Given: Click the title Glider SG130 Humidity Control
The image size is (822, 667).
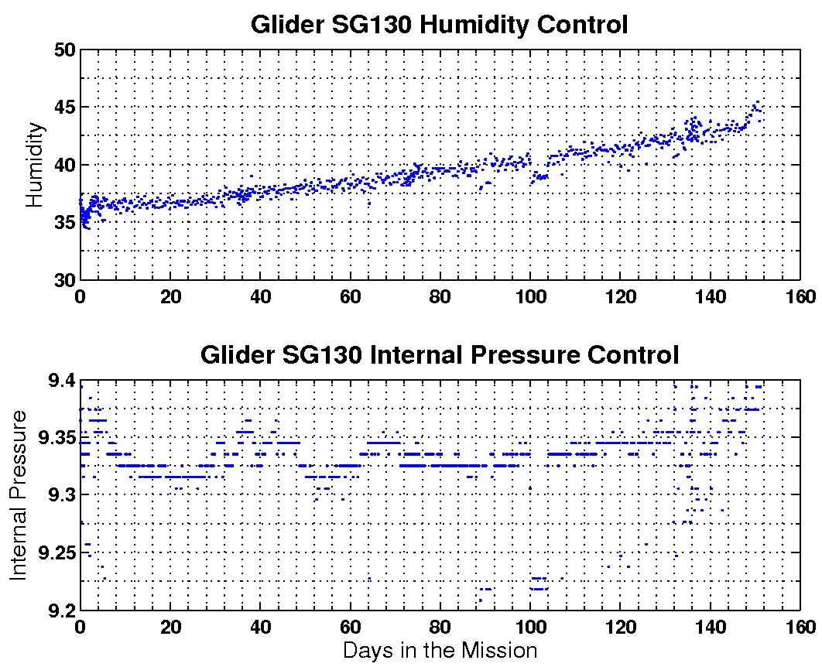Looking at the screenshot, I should (x=439, y=24).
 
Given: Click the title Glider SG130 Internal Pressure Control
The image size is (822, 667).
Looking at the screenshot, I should (x=439, y=355).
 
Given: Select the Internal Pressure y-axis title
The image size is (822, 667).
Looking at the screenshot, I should (x=19, y=495).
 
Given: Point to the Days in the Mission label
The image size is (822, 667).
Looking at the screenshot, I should (x=439, y=650).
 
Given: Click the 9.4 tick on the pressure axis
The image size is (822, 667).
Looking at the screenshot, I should (x=60, y=381).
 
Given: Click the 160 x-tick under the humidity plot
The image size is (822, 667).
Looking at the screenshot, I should (x=800, y=296).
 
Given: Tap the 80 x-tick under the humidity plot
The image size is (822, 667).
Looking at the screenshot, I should (x=440, y=296).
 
